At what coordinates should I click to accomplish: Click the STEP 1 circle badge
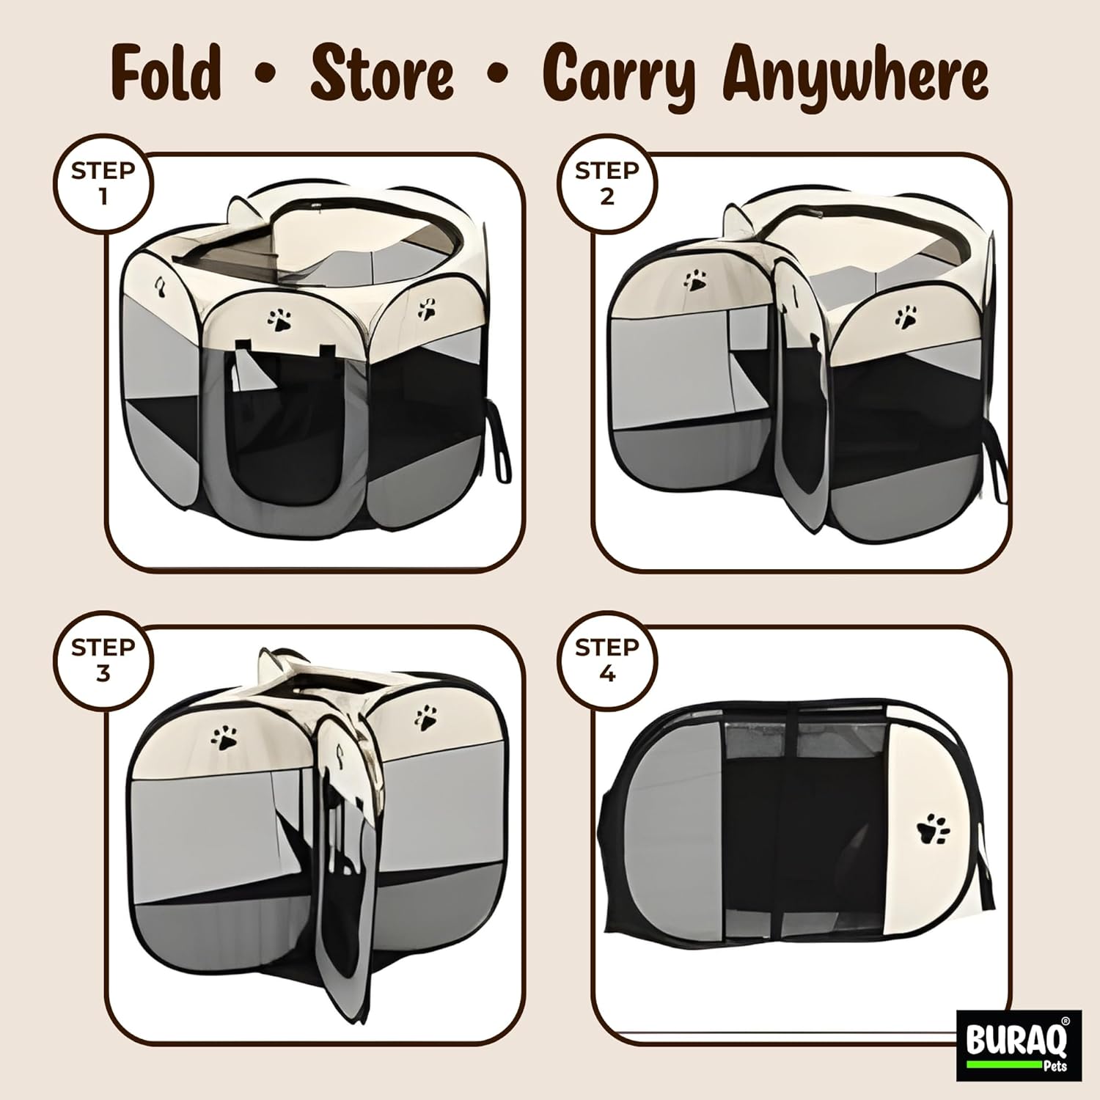103,184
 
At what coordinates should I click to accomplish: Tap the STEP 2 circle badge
606,184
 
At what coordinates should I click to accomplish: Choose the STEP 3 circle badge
103,661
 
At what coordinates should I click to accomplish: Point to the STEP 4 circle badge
606,661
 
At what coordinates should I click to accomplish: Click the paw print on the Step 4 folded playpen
933,829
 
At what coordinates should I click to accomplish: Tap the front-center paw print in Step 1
279,320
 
